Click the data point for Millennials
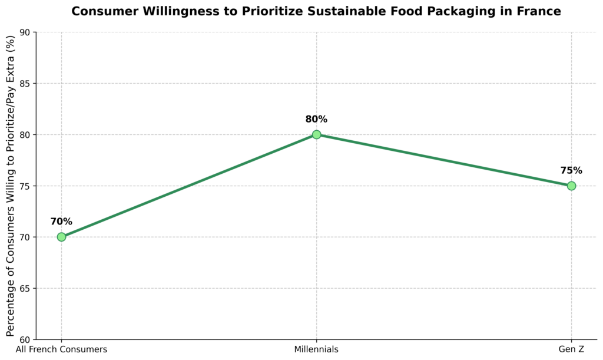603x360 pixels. (316, 134)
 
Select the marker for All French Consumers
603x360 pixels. (61, 237)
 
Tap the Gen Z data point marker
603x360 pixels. (571, 186)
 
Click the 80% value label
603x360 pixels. (316, 120)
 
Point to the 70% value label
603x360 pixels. (61, 222)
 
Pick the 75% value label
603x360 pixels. (571, 171)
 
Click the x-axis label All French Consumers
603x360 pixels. (61, 349)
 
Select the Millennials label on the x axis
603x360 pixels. (316, 349)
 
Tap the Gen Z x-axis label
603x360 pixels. (571, 349)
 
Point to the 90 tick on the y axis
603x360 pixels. (25, 32)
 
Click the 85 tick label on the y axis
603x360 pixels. (25, 84)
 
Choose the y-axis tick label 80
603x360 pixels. (25, 135)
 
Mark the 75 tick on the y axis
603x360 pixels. (25, 186)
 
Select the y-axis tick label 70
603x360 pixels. (25, 237)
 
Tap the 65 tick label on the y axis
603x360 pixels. (25, 289)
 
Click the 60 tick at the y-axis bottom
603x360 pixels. (25, 340)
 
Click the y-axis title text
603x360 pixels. (11, 186)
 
